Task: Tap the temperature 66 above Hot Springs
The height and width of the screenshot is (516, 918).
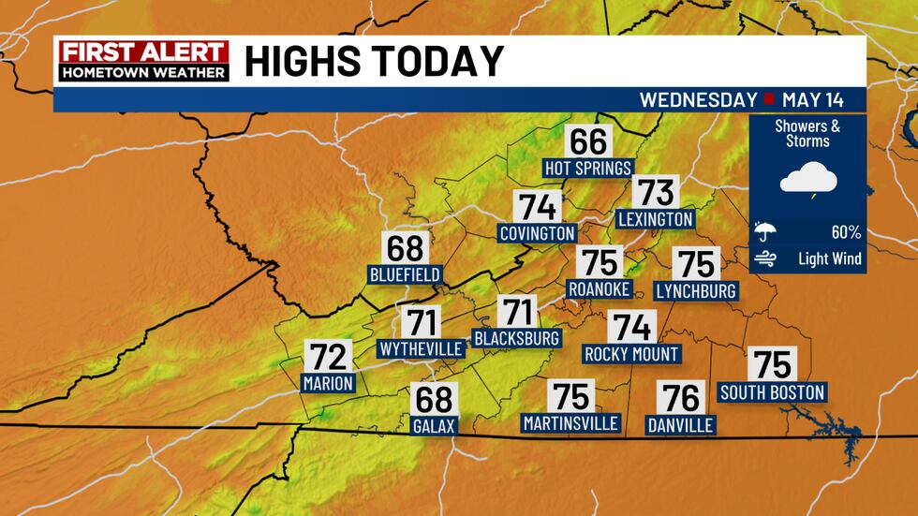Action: [589, 142]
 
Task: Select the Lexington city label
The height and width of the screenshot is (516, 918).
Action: [656, 219]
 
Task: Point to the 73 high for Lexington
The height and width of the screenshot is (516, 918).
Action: [656, 193]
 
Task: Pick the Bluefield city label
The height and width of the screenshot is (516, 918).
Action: [405, 275]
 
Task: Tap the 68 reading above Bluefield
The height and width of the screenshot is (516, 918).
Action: [406, 250]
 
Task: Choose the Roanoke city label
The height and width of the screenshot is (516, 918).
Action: [600, 288]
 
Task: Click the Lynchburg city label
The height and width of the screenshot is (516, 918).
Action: [696, 290]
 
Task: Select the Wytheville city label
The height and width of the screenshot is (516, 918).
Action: [421, 349]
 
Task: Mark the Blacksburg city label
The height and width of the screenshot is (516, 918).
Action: [516, 337]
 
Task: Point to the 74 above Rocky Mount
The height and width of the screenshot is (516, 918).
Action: [631, 328]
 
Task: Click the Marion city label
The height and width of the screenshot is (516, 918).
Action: [328, 382]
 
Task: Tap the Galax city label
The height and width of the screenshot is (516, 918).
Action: [434, 426]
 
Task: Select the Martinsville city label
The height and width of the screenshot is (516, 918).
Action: [571, 423]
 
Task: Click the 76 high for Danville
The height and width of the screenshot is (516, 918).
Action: [681, 399]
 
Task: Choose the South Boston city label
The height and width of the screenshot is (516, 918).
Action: [772, 392]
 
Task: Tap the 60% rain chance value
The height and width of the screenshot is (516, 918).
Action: [845, 232]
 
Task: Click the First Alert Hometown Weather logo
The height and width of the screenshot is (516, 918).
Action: [141, 61]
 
